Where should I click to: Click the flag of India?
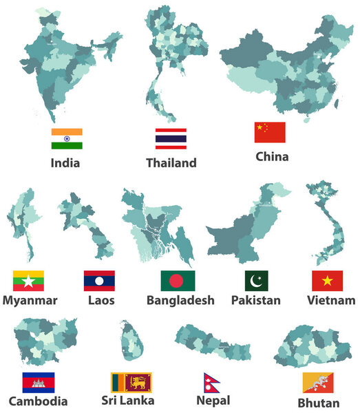(x=67, y=138)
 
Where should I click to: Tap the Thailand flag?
(x=170, y=138)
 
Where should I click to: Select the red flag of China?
(x=270, y=132)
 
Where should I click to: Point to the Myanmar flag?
(x=29, y=281)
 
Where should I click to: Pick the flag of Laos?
(x=99, y=281)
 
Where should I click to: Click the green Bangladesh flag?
(x=178, y=281)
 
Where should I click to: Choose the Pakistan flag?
(x=257, y=281)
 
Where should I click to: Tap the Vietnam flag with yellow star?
(x=327, y=281)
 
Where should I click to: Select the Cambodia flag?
(x=39, y=383)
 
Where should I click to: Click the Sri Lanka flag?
(x=131, y=382)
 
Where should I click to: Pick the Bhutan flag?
(x=318, y=383)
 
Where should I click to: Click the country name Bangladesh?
(x=180, y=301)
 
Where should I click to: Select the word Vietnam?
(x=332, y=301)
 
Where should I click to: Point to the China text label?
(x=272, y=157)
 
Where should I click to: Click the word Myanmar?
(x=30, y=301)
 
